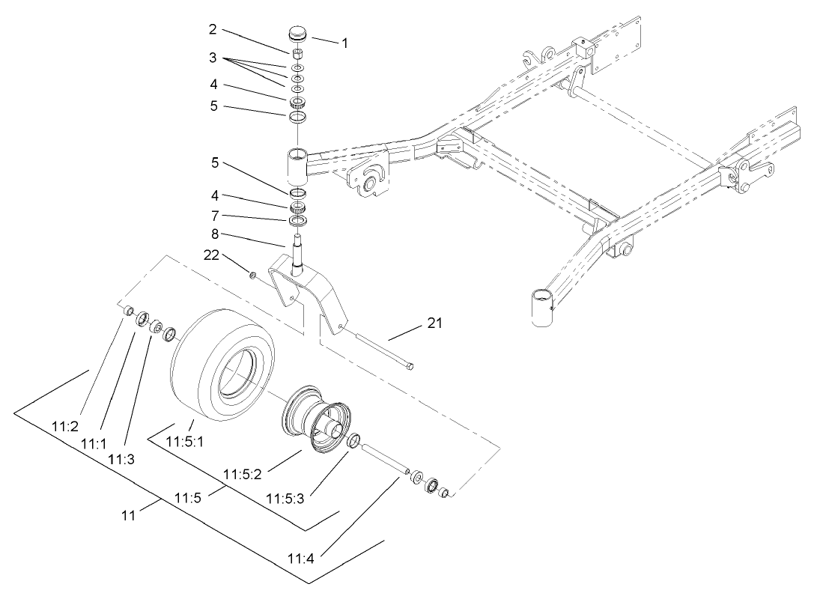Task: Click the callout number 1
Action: pyautogui.click(x=344, y=43)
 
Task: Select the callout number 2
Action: pyautogui.click(x=213, y=29)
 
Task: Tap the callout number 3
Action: pyautogui.click(x=213, y=57)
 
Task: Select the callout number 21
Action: pyautogui.click(x=434, y=323)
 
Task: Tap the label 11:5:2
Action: pyautogui.click(x=242, y=474)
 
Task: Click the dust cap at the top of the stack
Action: pyautogui.click(x=299, y=36)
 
